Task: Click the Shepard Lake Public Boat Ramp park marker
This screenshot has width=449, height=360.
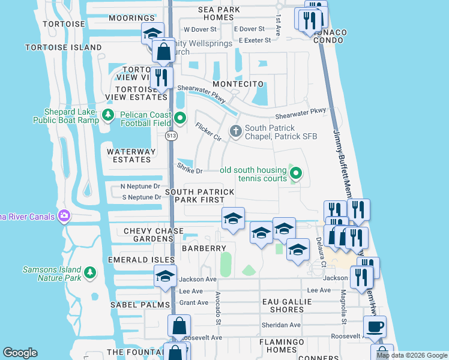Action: pos(108,115)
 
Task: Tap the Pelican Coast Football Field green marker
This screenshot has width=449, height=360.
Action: pos(179,118)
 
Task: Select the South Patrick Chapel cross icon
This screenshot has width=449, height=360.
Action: pos(236,130)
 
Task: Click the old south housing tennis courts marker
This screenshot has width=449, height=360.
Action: pos(295,174)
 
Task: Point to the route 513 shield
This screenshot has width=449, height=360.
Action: pos(172,136)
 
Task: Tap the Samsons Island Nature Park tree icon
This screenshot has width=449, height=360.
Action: pos(90,274)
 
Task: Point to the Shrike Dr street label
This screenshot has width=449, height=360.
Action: pos(190,171)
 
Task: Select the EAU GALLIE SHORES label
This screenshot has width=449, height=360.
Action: pos(283,305)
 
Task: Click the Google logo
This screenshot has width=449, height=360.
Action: pos(20,353)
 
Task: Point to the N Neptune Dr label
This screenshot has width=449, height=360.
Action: pos(140,187)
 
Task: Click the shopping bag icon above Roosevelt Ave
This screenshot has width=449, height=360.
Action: pos(179,327)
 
